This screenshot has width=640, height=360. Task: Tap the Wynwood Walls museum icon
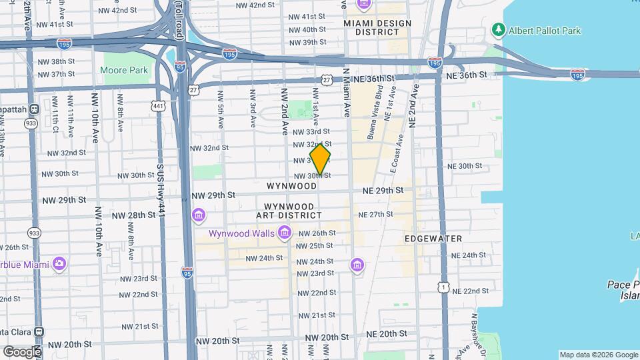click(x=285, y=233)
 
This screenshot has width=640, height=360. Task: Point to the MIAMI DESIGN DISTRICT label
click(x=377, y=27)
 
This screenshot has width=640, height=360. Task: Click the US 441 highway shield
click(x=157, y=106)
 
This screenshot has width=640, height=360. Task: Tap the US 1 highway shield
click(x=443, y=286)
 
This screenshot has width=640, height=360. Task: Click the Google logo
click(x=21, y=351)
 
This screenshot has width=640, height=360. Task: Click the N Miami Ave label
click(x=346, y=89)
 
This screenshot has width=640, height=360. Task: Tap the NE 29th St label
click(x=383, y=191)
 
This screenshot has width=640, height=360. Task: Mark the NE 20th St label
click(x=386, y=333)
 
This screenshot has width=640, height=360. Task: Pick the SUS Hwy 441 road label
click(x=161, y=190)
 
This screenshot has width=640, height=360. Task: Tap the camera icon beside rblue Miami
click(x=59, y=263)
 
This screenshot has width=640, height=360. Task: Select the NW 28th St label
click(x=133, y=215)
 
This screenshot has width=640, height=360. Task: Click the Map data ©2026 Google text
click(x=598, y=355)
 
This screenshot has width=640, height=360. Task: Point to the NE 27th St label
click(x=375, y=215)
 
